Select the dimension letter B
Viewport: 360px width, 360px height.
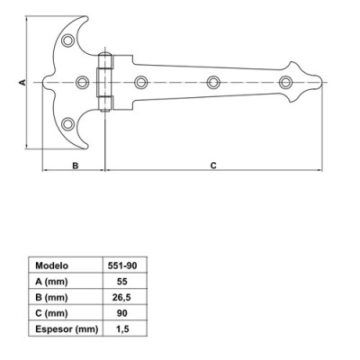[75, 165]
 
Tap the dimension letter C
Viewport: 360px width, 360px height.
[212, 165]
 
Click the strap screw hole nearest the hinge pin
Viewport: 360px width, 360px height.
[140, 83]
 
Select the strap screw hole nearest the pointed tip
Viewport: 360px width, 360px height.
[287, 83]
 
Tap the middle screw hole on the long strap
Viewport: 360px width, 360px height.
[214, 83]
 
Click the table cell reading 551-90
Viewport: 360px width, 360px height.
[122, 265]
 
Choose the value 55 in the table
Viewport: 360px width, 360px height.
[122, 282]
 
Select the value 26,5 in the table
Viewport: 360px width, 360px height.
[122, 297]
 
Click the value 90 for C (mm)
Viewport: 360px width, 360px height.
[122, 313]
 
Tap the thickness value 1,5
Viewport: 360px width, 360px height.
[122, 329]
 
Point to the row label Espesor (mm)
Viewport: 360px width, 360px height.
[65, 329]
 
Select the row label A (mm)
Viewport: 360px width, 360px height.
[51, 282]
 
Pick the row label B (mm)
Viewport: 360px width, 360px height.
[51, 297]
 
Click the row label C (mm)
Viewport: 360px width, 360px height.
[51, 313]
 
